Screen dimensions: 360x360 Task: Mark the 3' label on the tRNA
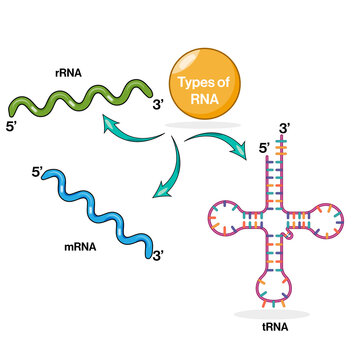(286, 127)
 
